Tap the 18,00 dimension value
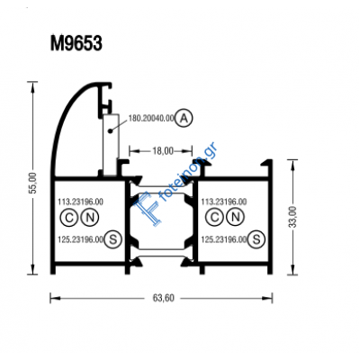[x=162, y=151]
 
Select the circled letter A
[x=184, y=118]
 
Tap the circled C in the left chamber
[x=68, y=220]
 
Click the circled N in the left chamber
[x=88, y=220]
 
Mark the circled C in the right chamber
[x=213, y=220]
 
